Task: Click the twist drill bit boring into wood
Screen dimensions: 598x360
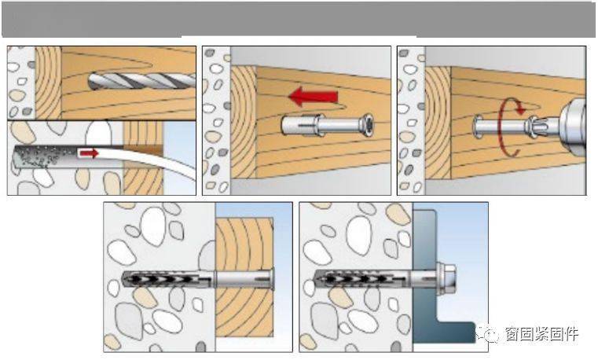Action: [142, 80]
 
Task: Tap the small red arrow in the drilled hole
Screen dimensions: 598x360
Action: [89, 153]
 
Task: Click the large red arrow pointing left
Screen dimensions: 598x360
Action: [313, 96]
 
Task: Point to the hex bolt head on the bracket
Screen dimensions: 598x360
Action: [447, 280]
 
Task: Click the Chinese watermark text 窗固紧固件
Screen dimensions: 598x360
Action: [541, 334]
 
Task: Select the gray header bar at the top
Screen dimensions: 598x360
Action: [299, 19]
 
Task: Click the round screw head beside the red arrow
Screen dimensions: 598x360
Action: [368, 125]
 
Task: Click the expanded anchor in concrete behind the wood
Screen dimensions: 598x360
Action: [167, 280]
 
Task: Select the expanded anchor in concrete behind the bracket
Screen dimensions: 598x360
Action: [363, 280]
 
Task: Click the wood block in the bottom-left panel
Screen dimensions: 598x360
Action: [244, 277]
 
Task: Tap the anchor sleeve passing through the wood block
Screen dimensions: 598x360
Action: [244, 280]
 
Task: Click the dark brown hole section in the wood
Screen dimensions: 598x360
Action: [143, 150]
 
